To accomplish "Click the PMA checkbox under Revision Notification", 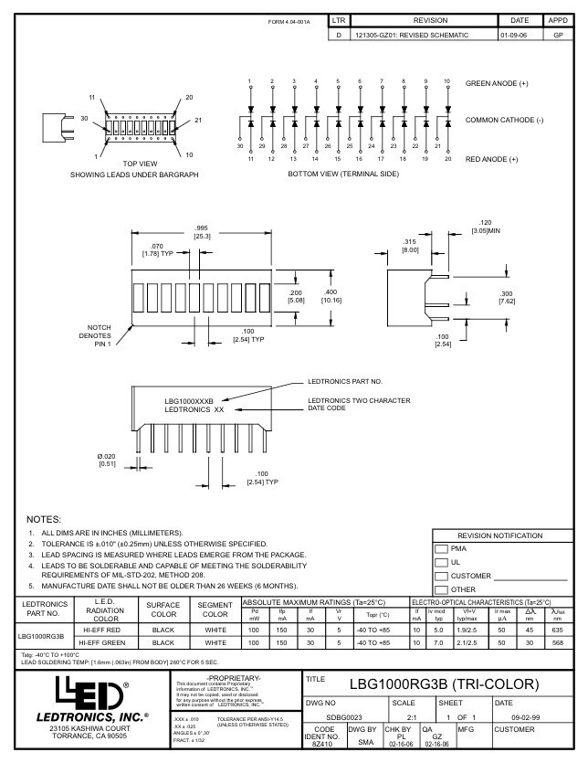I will click(x=440, y=548).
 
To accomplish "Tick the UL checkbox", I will click(x=440, y=562).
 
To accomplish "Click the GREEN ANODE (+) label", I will click(x=499, y=83).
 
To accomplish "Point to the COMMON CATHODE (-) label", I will click(x=504, y=121).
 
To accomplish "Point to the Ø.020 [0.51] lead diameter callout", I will click(x=108, y=459).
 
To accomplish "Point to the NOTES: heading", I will click(x=45, y=518).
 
